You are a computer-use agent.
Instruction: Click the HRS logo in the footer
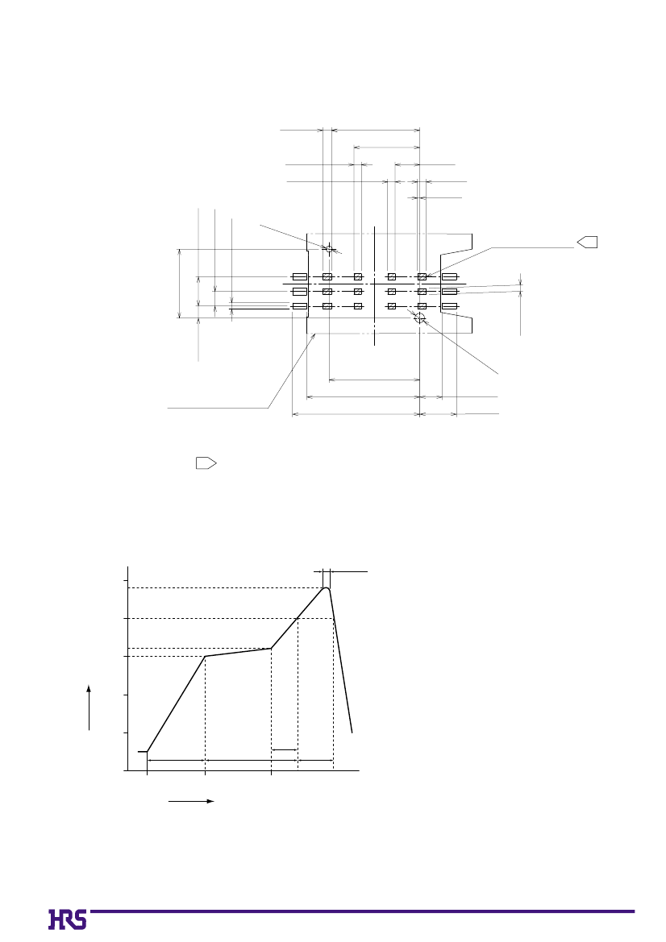point(67,919)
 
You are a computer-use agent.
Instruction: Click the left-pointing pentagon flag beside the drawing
point(587,242)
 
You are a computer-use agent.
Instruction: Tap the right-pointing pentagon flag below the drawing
point(206,463)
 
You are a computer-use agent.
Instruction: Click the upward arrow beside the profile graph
point(89,707)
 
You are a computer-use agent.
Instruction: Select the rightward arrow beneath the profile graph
point(191,802)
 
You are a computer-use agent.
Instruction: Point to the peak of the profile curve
point(327,587)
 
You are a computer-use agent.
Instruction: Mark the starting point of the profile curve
point(148,752)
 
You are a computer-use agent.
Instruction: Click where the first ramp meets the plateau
point(206,656)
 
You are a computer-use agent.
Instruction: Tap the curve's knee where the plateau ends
point(271,648)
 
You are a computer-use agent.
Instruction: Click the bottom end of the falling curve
point(352,732)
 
